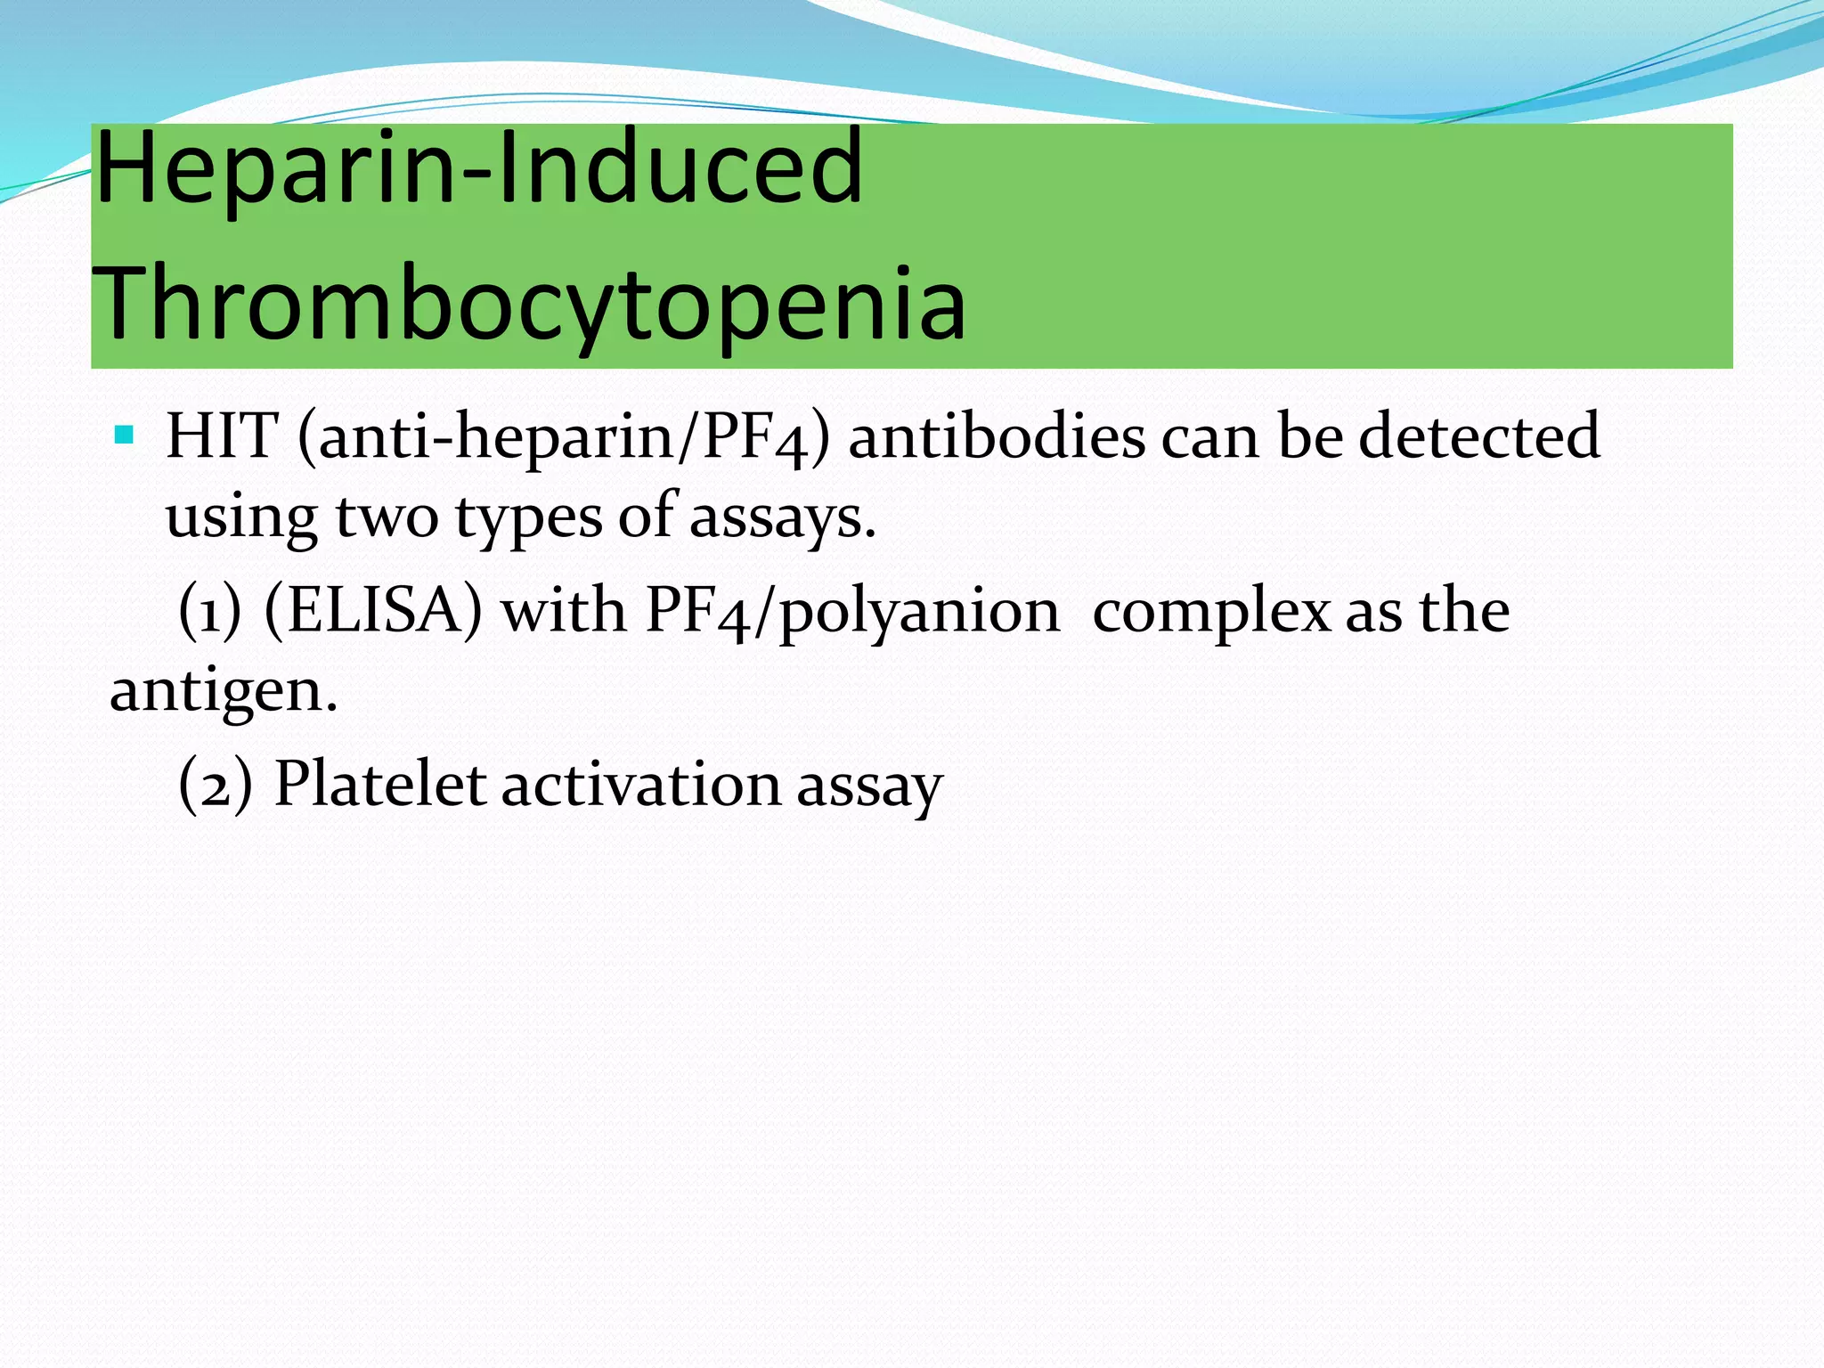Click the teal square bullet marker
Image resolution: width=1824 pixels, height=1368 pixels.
click(124, 436)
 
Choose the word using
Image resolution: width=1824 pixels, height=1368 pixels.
click(241, 518)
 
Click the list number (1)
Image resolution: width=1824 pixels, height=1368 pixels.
click(210, 611)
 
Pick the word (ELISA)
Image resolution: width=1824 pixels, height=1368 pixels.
click(373, 611)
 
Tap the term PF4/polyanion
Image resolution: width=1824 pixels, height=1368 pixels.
click(852, 613)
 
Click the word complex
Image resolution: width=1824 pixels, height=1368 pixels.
click(1210, 613)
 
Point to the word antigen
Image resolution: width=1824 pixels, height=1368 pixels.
click(224, 692)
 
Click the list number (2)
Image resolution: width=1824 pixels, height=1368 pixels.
click(215, 785)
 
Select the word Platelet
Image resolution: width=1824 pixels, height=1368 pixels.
click(379, 785)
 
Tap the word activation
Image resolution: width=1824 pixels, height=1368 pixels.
click(641, 785)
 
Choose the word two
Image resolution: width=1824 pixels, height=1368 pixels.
click(387, 518)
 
